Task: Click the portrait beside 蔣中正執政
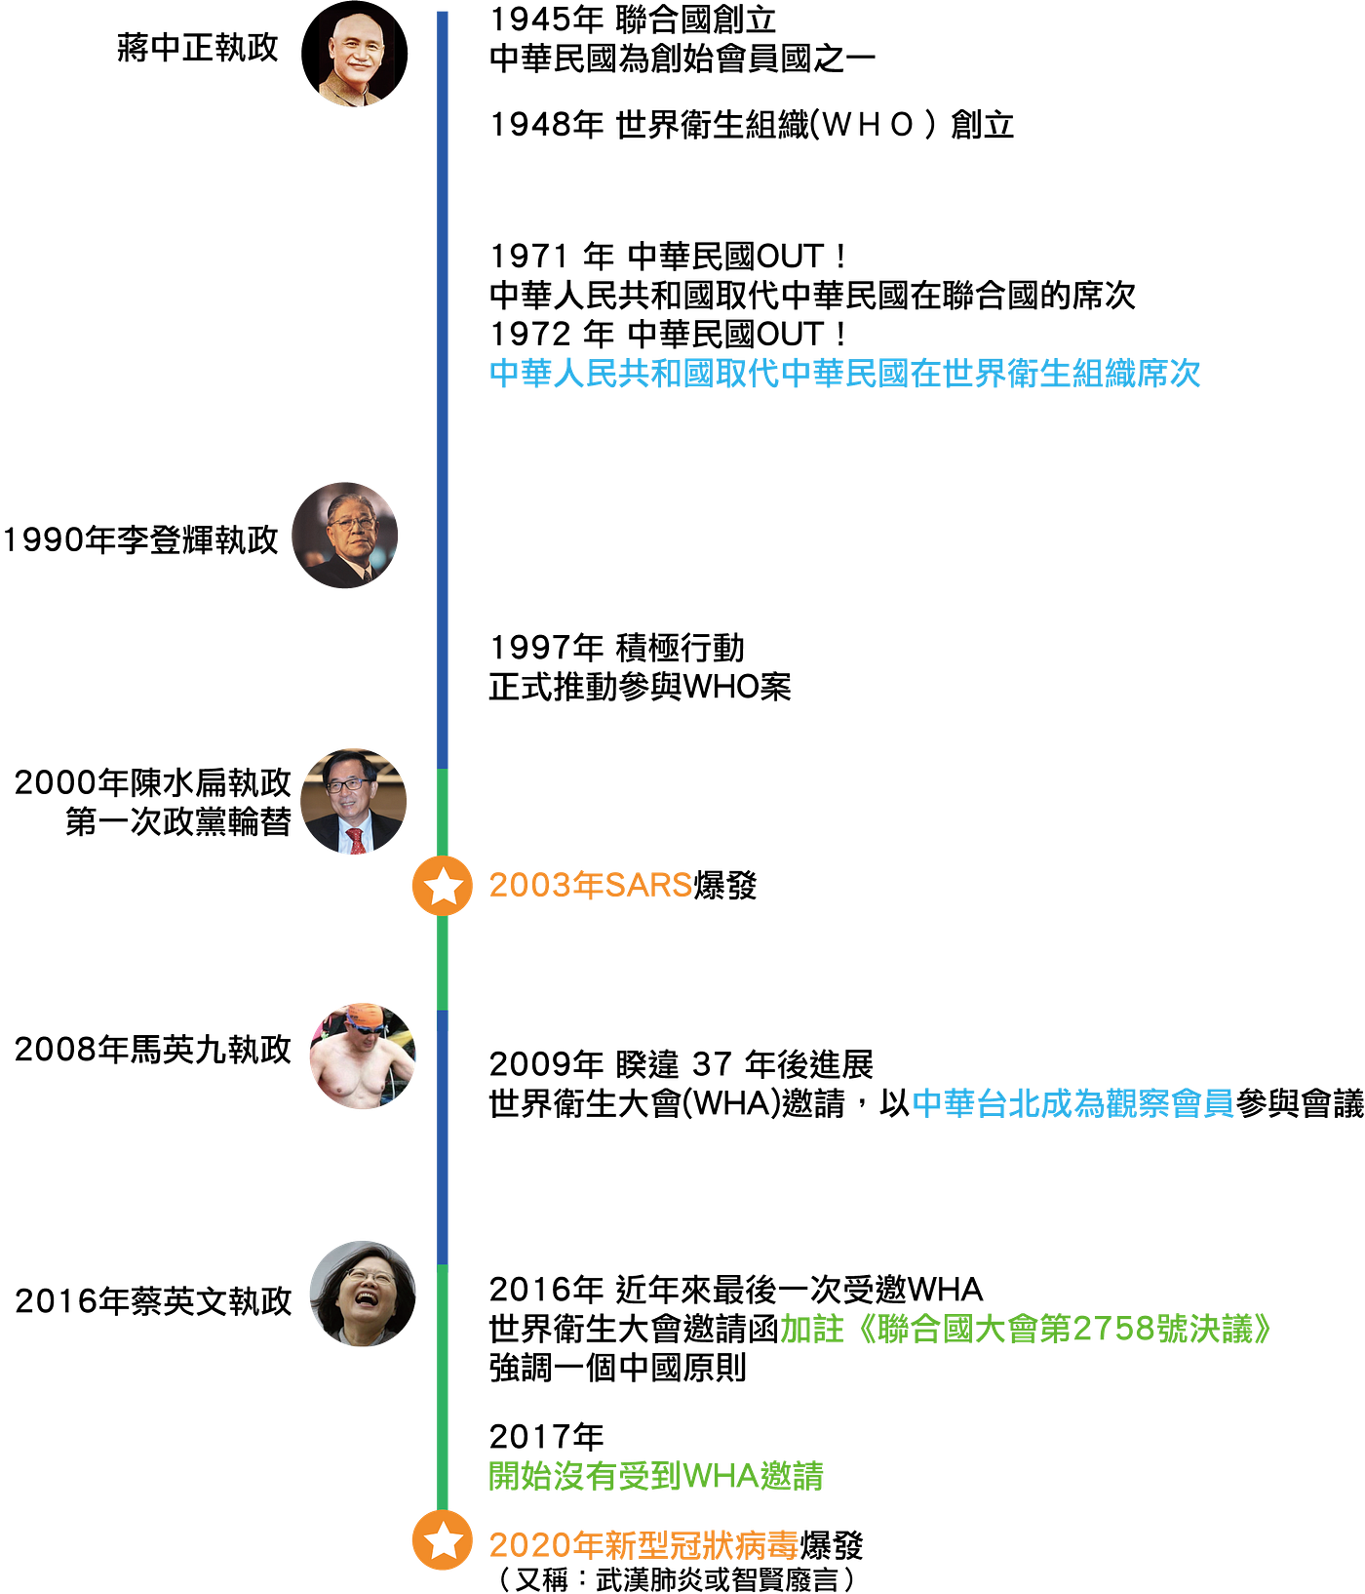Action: pos(355,54)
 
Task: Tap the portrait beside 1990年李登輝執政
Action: pos(345,536)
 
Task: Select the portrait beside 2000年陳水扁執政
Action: pos(354,802)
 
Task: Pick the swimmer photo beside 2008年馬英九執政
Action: pos(363,1056)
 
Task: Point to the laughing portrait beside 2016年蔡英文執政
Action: pos(363,1294)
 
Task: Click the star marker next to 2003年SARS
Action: pos(443,886)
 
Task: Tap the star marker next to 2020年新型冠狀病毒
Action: pos(443,1540)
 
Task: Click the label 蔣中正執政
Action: pos(198,48)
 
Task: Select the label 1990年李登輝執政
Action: pos(141,539)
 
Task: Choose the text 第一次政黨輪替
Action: pos(178,822)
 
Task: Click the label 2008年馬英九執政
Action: pos(153,1050)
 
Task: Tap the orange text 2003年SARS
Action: pos(591,886)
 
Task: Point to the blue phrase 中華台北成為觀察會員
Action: pos(1073,1103)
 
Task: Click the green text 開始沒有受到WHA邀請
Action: pos(656,1476)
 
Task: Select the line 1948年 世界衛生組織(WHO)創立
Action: pos(752,125)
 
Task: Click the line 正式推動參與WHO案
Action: pos(640,687)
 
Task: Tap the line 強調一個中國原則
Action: pos(618,1368)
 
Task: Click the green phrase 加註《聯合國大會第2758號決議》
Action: pos(1028,1329)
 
